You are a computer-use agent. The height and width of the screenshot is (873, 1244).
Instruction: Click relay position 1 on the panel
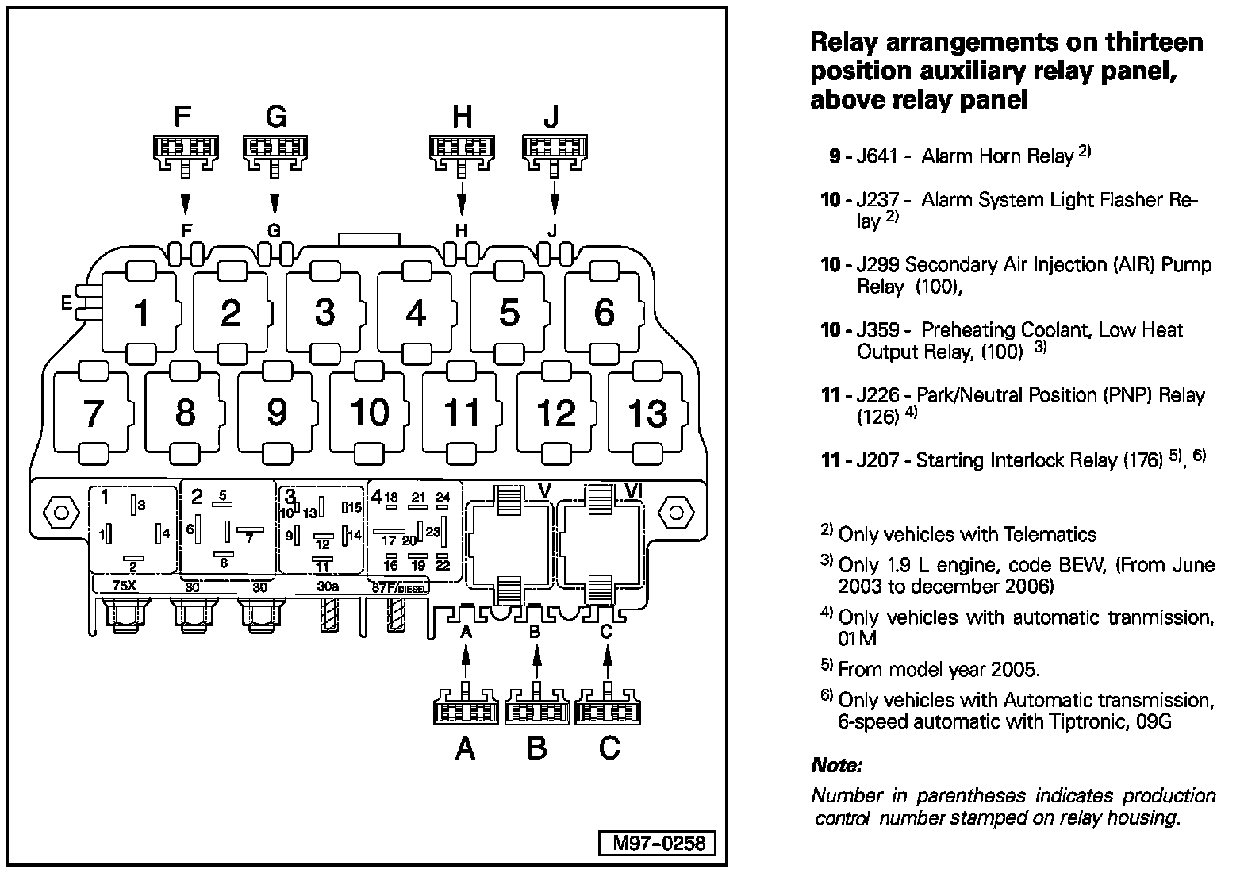tap(141, 313)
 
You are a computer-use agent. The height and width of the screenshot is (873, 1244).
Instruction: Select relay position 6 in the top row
tap(604, 313)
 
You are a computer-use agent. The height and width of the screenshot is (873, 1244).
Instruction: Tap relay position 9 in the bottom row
tap(276, 412)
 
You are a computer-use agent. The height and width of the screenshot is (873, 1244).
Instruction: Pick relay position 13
tap(647, 413)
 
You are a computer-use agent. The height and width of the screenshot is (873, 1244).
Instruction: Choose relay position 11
tap(462, 413)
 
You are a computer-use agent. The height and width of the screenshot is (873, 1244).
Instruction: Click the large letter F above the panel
tap(182, 117)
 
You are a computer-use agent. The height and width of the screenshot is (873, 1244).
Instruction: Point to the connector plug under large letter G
tap(275, 152)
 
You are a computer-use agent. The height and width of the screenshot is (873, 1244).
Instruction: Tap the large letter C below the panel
tap(609, 748)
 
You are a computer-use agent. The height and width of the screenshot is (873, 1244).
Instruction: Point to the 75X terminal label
tap(125, 587)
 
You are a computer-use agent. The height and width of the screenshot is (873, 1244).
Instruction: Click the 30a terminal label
tap(327, 587)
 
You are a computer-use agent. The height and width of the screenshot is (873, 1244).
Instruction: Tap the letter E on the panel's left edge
tap(67, 303)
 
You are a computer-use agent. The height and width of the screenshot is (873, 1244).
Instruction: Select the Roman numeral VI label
tap(632, 492)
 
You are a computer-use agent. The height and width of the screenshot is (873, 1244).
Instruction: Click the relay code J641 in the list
tap(877, 156)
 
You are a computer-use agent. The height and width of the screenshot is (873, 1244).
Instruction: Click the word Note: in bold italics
tap(836, 766)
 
